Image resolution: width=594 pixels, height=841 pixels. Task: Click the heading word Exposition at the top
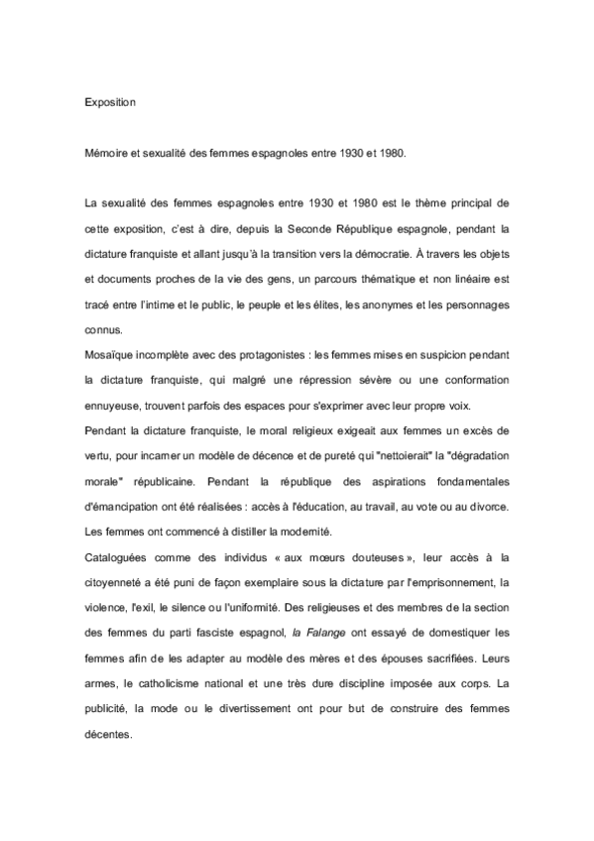pyautogui.click(x=109, y=101)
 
